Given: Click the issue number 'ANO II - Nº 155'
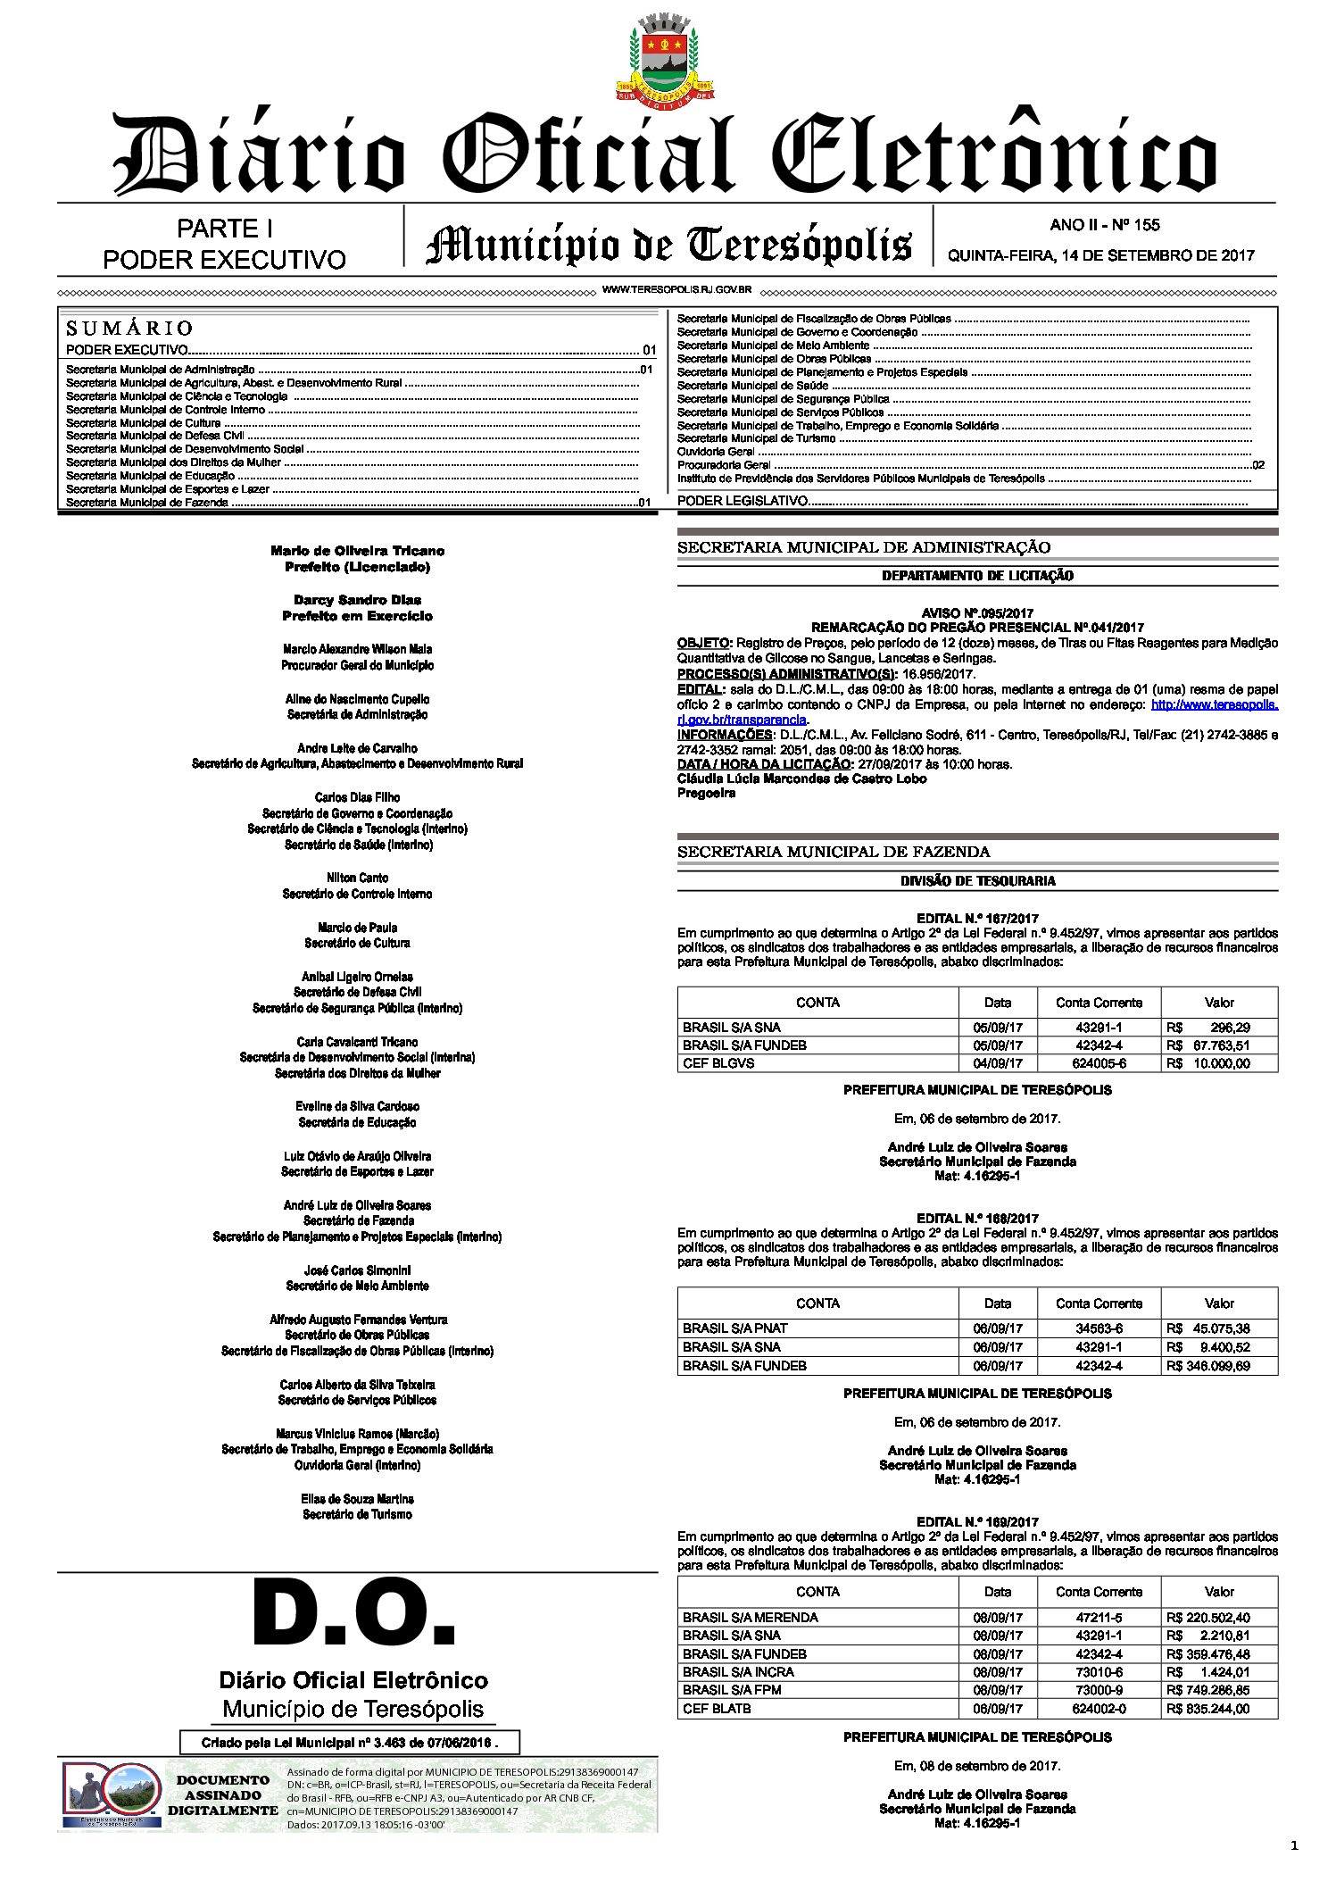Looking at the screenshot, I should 1104,225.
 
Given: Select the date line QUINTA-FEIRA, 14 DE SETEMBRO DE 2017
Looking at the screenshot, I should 1100,255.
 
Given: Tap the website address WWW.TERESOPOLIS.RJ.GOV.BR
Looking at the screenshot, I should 676,290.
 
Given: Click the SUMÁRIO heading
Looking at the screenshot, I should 129,328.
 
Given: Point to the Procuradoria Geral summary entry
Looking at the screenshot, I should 724,465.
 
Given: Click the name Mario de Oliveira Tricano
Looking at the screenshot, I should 357,551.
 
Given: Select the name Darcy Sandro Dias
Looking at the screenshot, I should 357,600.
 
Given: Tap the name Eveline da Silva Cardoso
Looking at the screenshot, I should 357,1106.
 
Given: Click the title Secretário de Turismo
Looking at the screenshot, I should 357,1514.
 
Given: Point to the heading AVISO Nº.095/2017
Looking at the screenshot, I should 977,613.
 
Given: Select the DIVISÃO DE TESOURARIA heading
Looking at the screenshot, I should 977,881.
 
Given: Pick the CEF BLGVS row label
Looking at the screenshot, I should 718,1063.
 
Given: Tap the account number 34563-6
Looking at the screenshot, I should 1099,1328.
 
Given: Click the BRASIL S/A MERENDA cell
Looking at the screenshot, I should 750,1617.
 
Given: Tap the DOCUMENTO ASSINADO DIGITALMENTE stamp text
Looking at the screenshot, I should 223,1795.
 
